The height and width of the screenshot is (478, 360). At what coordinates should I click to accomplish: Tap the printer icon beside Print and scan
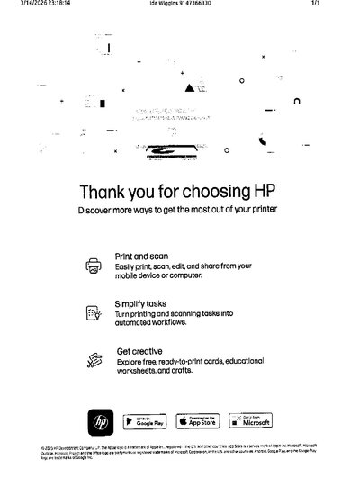pos(94,266)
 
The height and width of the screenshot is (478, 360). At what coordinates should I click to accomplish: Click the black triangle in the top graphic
pos(188,89)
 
